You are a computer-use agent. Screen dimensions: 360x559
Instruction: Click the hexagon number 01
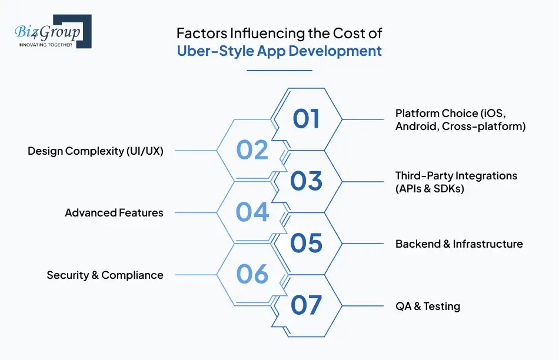coord(307,119)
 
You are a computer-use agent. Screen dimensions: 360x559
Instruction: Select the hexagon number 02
coord(252,150)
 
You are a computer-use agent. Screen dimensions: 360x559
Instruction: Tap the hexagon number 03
coord(307,181)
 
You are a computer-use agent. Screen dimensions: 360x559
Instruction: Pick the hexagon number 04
coord(252,212)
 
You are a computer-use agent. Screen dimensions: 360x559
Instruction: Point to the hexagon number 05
coord(307,242)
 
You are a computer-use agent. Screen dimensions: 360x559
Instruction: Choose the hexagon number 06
coord(252,274)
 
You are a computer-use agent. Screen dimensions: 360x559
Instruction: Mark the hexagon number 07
coord(307,305)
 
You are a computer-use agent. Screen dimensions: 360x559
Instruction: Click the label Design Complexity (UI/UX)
coord(95,151)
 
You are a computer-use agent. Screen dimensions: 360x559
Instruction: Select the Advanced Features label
coord(114,212)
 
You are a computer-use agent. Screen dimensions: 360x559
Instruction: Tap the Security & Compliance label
coord(105,275)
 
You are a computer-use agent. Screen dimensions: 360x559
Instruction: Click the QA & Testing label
coord(428,306)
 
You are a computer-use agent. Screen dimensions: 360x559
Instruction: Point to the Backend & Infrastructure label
coord(459,244)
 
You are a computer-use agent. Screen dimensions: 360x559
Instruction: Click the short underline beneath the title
coord(279,71)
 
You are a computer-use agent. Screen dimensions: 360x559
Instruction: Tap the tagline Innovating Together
coord(45,45)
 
